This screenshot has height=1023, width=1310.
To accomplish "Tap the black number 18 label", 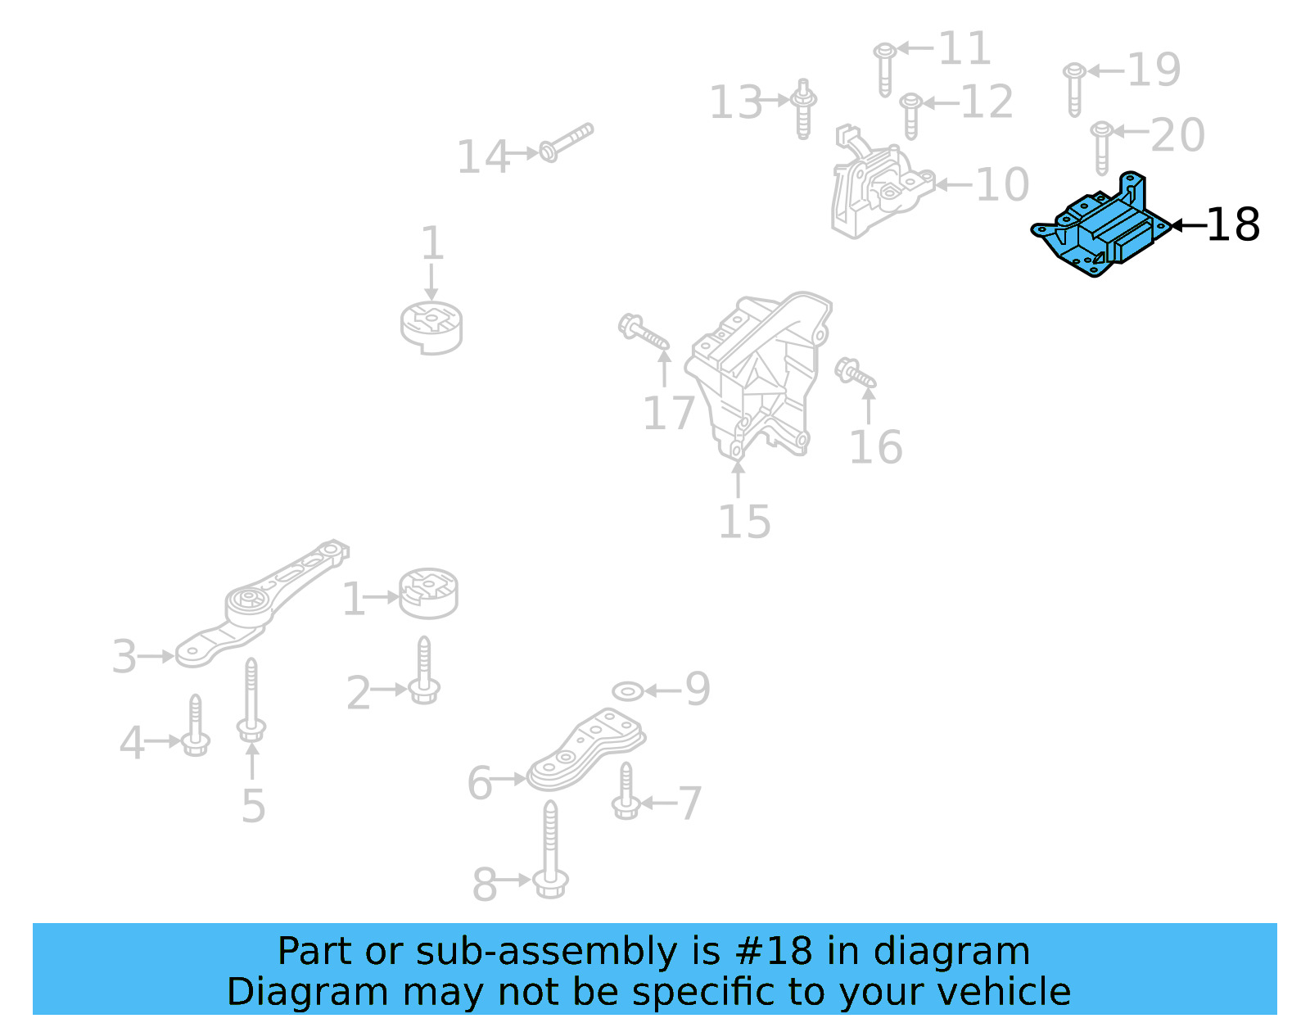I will [x=1232, y=225].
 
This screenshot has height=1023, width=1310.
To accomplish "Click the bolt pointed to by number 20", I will [x=1101, y=147].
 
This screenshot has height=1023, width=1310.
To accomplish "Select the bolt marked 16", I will [x=854, y=373].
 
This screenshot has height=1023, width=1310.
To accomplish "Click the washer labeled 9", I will [x=627, y=692].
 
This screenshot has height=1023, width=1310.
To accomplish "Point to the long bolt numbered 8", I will [x=550, y=852].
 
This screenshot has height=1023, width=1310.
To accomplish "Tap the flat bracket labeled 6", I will [x=585, y=749].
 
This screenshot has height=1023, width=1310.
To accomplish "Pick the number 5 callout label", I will [x=253, y=807].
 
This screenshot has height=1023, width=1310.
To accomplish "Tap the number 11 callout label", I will [x=964, y=49].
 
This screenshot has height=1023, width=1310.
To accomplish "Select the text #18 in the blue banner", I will [x=774, y=952].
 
